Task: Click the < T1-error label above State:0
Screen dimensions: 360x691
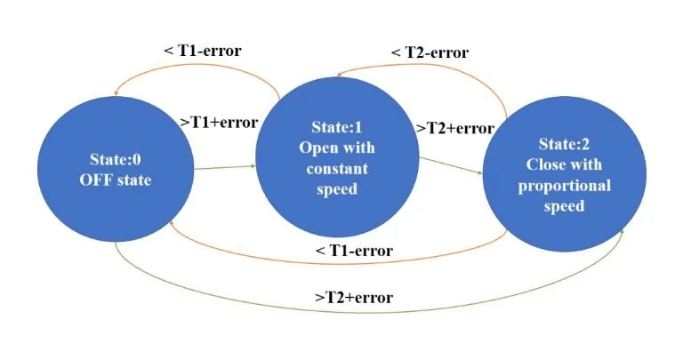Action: (x=203, y=50)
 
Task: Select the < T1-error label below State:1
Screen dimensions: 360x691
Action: (x=354, y=251)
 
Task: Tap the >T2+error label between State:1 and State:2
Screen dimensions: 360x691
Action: (x=454, y=128)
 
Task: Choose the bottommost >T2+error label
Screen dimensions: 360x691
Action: (x=354, y=296)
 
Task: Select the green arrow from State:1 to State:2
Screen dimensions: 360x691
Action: (x=452, y=166)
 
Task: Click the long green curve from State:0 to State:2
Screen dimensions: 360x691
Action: (x=356, y=311)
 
